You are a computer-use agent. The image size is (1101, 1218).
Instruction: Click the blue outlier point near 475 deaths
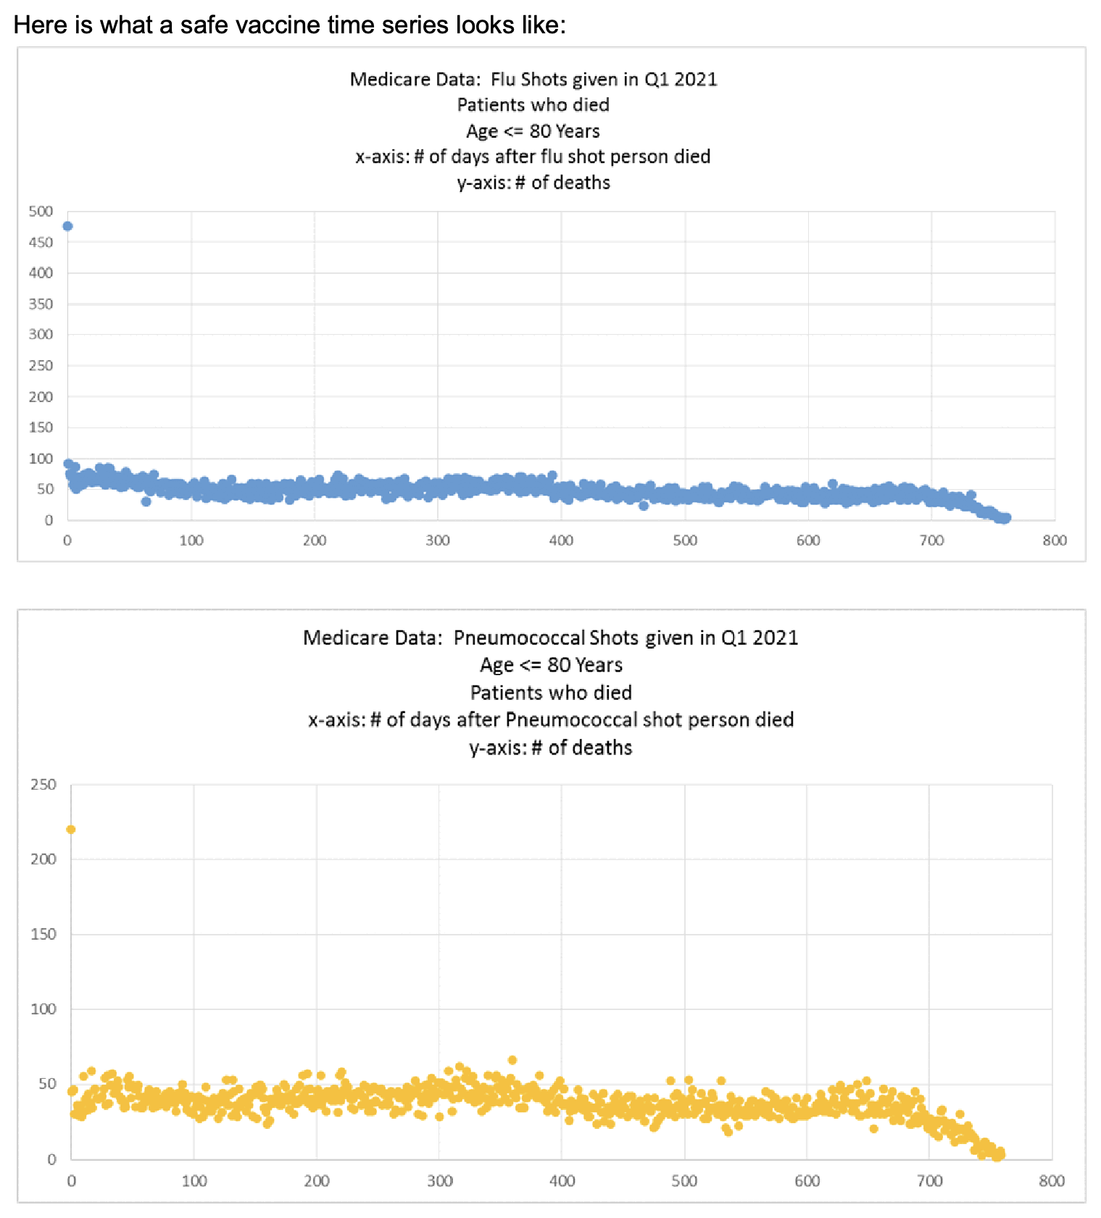click(x=68, y=226)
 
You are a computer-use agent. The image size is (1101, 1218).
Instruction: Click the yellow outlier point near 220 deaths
click(x=71, y=830)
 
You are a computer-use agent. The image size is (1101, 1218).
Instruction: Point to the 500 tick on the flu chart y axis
click(x=41, y=212)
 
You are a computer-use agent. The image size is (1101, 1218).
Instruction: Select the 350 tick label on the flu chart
click(x=41, y=304)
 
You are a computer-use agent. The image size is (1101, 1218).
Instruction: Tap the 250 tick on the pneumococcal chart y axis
click(x=43, y=785)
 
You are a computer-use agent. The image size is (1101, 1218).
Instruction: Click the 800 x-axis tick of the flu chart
click(x=1055, y=541)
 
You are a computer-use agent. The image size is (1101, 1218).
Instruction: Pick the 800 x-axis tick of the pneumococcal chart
click(x=1052, y=1181)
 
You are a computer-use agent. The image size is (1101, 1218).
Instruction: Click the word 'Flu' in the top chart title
click(x=503, y=79)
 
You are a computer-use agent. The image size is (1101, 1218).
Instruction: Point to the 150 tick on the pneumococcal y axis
click(x=43, y=934)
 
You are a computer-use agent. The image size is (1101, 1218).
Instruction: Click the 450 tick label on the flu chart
click(x=41, y=243)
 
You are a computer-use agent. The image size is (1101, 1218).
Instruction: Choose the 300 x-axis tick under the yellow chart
click(x=439, y=1181)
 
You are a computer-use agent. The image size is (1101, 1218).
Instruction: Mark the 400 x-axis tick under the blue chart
click(x=561, y=541)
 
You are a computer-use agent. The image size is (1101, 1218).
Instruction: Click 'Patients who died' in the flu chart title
click(x=533, y=105)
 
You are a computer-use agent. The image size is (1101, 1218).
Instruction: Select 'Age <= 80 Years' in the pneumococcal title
click(x=551, y=665)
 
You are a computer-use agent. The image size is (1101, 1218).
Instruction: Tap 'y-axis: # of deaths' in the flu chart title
click(x=533, y=183)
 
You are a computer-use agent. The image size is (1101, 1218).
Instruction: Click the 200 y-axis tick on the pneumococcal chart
click(x=43, y=859)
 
